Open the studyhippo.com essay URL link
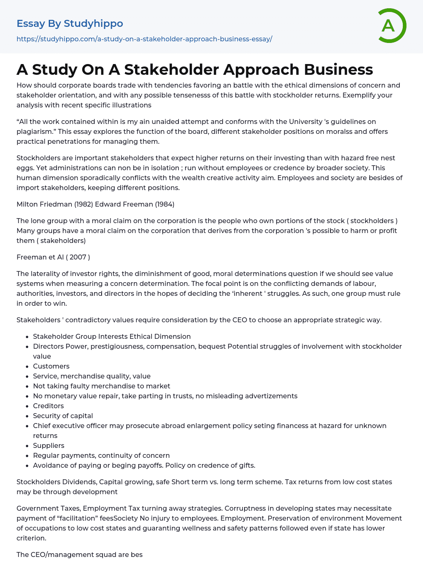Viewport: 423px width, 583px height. point(144,39)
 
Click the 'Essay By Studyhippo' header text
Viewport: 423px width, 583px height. point(70,24)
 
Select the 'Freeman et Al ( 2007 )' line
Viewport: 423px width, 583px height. point(53,257)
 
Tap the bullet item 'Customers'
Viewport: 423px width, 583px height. point(51,366)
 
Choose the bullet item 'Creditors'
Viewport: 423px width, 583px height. point(48,406)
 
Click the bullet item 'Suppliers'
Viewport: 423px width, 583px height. point(49,445)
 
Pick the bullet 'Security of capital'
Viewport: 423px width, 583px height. point(63,416)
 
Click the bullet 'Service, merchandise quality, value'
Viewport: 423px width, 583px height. point(92,376)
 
